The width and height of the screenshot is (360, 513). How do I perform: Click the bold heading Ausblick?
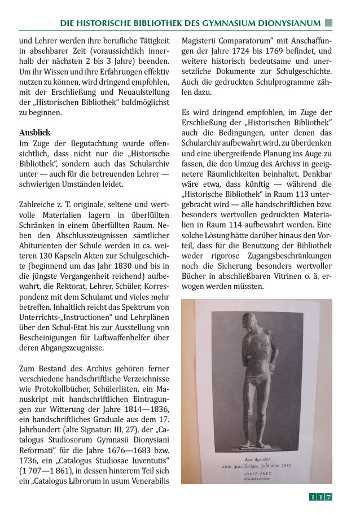(35, 133)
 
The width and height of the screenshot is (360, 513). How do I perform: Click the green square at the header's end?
(329, 23)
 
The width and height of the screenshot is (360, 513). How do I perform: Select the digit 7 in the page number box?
(328, 497)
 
